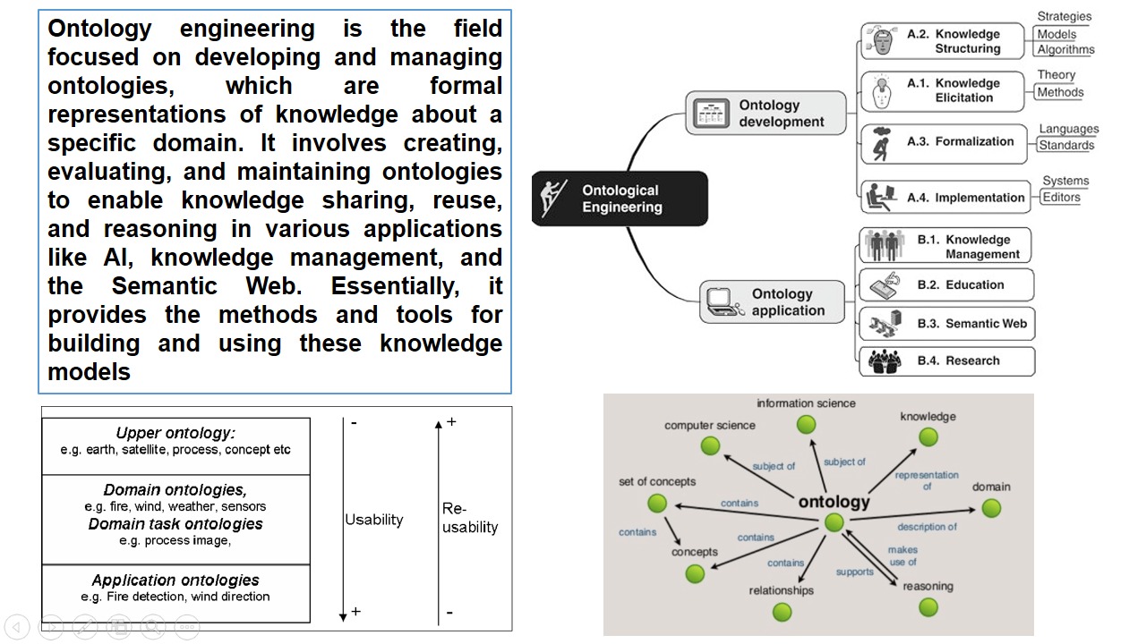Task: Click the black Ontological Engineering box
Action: [x=620, y=199]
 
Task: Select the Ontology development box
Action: [x=765, y=113]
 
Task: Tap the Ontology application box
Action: [x=772, y=302]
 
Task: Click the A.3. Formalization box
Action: [x=944, y=143]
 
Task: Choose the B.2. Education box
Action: [x=945, y=285]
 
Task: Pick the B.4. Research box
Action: [x=945, y=361]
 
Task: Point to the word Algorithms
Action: [x=1065, y=50]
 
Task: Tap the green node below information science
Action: [x=806, y=424]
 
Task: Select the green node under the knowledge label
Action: [x=928, y=436]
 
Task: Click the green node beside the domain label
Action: [x=990, y=508]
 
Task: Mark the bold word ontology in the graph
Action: [x=834, y=502]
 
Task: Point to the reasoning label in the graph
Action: [x=928, y=587]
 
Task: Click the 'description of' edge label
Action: [x=927, y=527]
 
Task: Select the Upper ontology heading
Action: [x=175, y=434]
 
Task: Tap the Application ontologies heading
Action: [x=175, y=580]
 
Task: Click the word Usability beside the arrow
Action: [x=374, y=520]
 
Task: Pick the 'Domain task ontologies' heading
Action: [x=175, y=524]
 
